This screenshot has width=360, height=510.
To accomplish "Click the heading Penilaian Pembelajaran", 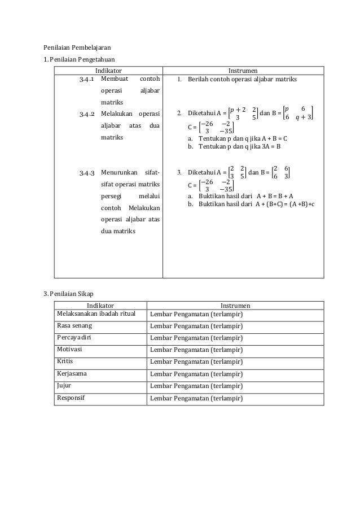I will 78,47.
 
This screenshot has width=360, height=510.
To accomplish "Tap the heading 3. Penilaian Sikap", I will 69,293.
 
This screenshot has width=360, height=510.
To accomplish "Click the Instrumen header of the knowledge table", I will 243,71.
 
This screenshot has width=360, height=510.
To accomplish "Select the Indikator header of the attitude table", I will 99,306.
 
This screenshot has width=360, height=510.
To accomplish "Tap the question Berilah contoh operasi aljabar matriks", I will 243,80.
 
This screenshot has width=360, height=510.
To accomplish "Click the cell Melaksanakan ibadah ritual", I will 96,313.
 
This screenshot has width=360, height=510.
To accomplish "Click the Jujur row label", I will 64,385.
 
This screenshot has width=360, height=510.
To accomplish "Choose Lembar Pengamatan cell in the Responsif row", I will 196,398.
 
